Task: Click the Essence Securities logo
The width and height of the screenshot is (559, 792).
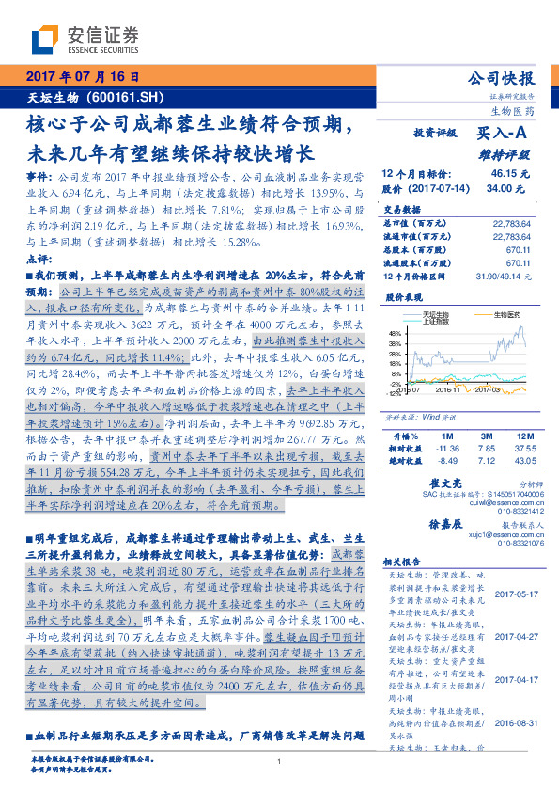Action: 85,40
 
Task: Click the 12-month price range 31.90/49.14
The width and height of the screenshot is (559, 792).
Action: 506,274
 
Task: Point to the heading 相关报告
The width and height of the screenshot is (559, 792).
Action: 406,558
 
